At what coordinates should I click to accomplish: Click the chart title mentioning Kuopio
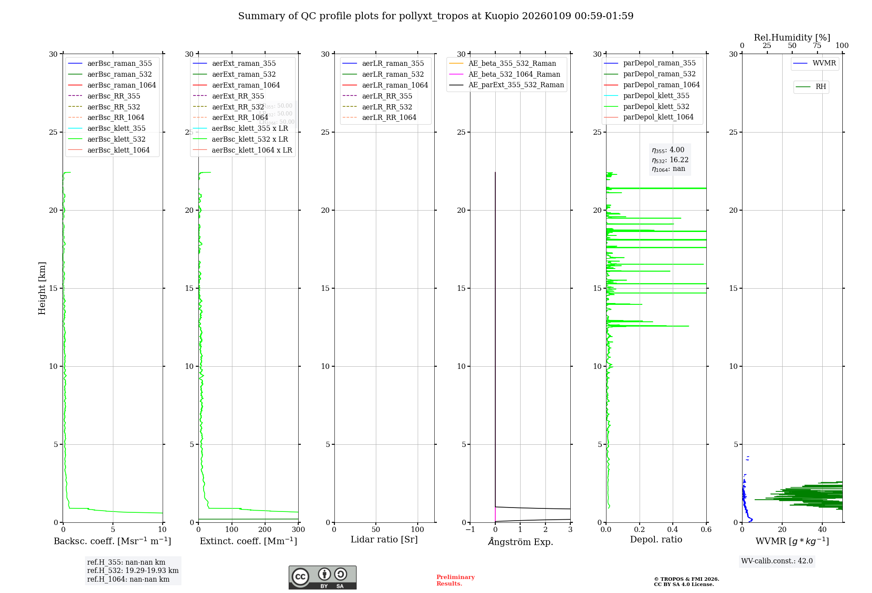pos(436,16)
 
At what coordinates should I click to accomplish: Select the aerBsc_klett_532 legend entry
pos(116,140)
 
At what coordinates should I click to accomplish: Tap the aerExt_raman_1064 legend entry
pos(246,85)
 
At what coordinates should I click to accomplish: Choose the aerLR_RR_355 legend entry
pos(387,96)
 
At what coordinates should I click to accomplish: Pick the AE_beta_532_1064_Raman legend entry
pos(514,75)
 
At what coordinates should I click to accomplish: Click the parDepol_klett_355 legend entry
pos(656,96)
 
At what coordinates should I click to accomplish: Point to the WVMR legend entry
pos(824,64)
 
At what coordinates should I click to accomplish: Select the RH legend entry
pos(821,87)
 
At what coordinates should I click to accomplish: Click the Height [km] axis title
pos(42,288)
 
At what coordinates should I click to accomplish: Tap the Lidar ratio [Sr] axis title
pos(384,540)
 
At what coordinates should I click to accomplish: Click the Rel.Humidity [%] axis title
pos(792,37)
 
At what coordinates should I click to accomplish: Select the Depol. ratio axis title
pos(656,540)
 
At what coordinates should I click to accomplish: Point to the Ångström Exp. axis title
pos(520,542)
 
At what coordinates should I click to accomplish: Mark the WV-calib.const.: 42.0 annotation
pos(777,561)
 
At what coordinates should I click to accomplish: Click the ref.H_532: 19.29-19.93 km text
pos(133,571)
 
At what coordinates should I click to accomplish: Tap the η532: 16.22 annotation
pos(670,160)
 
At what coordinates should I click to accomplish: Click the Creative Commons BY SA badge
pos(322,578)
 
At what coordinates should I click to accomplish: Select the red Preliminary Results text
pos(455,580)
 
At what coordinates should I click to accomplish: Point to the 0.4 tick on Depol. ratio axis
pos(673,530)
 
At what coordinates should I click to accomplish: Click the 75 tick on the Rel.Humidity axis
pos(817,46)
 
